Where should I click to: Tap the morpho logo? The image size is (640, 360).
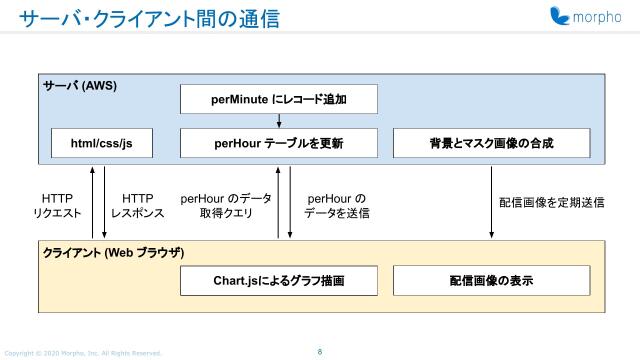(586, 17)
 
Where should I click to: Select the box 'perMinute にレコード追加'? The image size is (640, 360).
(279, 99)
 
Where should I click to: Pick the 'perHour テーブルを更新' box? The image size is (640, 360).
(279, 143)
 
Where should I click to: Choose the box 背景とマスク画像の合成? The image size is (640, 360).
(489, 143)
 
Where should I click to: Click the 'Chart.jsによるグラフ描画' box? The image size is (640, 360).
(279, 281)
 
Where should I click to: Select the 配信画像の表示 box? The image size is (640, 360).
(489, 281)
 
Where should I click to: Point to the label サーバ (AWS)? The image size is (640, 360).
(80, 86)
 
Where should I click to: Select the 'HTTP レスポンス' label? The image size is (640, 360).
(137, 206)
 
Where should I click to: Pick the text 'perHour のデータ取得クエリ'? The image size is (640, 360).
(225, 206)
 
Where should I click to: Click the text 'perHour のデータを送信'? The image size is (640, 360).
(336, 206)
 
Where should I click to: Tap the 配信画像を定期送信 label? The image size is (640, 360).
(551, 202)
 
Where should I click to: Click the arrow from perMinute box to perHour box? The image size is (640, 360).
(279, 121)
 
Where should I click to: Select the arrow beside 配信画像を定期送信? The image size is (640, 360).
(491, 200)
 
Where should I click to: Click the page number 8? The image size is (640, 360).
(319, 351)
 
